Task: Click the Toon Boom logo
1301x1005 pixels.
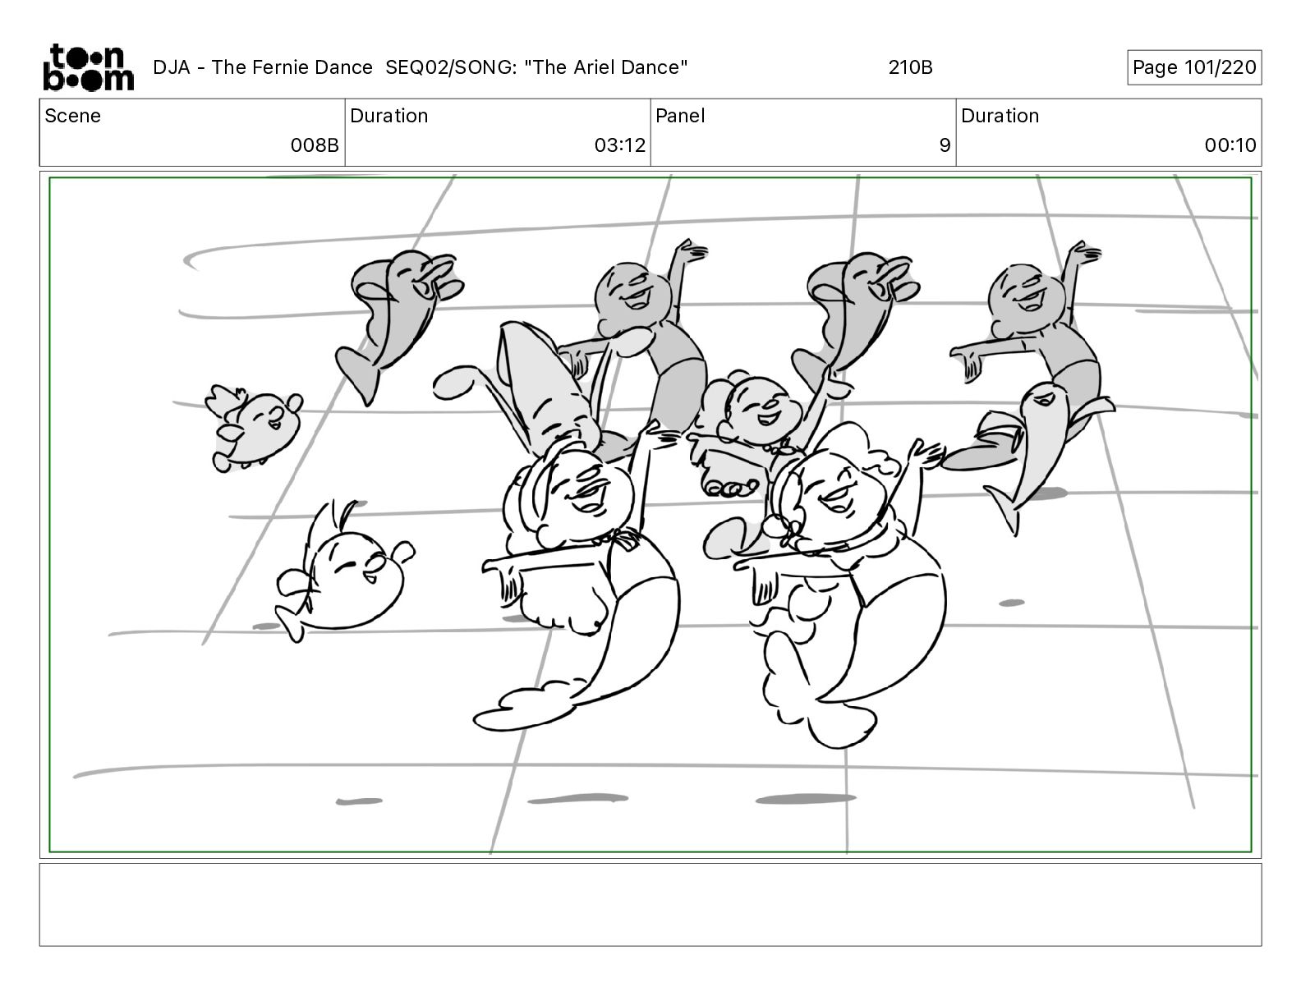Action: [x=89, y=67]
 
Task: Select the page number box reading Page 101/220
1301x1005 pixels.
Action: [x=1194, y=67]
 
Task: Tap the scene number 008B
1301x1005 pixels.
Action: [x=315, y=145]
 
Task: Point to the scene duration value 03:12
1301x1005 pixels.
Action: [x=619, y=145]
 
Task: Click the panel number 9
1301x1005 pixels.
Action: [x=945, y=145]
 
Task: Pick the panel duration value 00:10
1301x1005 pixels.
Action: [x=1230, y=145]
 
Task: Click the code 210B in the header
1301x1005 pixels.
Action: [x=910, y=67]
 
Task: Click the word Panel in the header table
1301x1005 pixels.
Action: [x=680, y=116]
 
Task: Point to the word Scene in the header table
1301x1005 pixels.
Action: [x=72, y=116]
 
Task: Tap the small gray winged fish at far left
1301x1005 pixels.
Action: [x=254, y=427]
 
